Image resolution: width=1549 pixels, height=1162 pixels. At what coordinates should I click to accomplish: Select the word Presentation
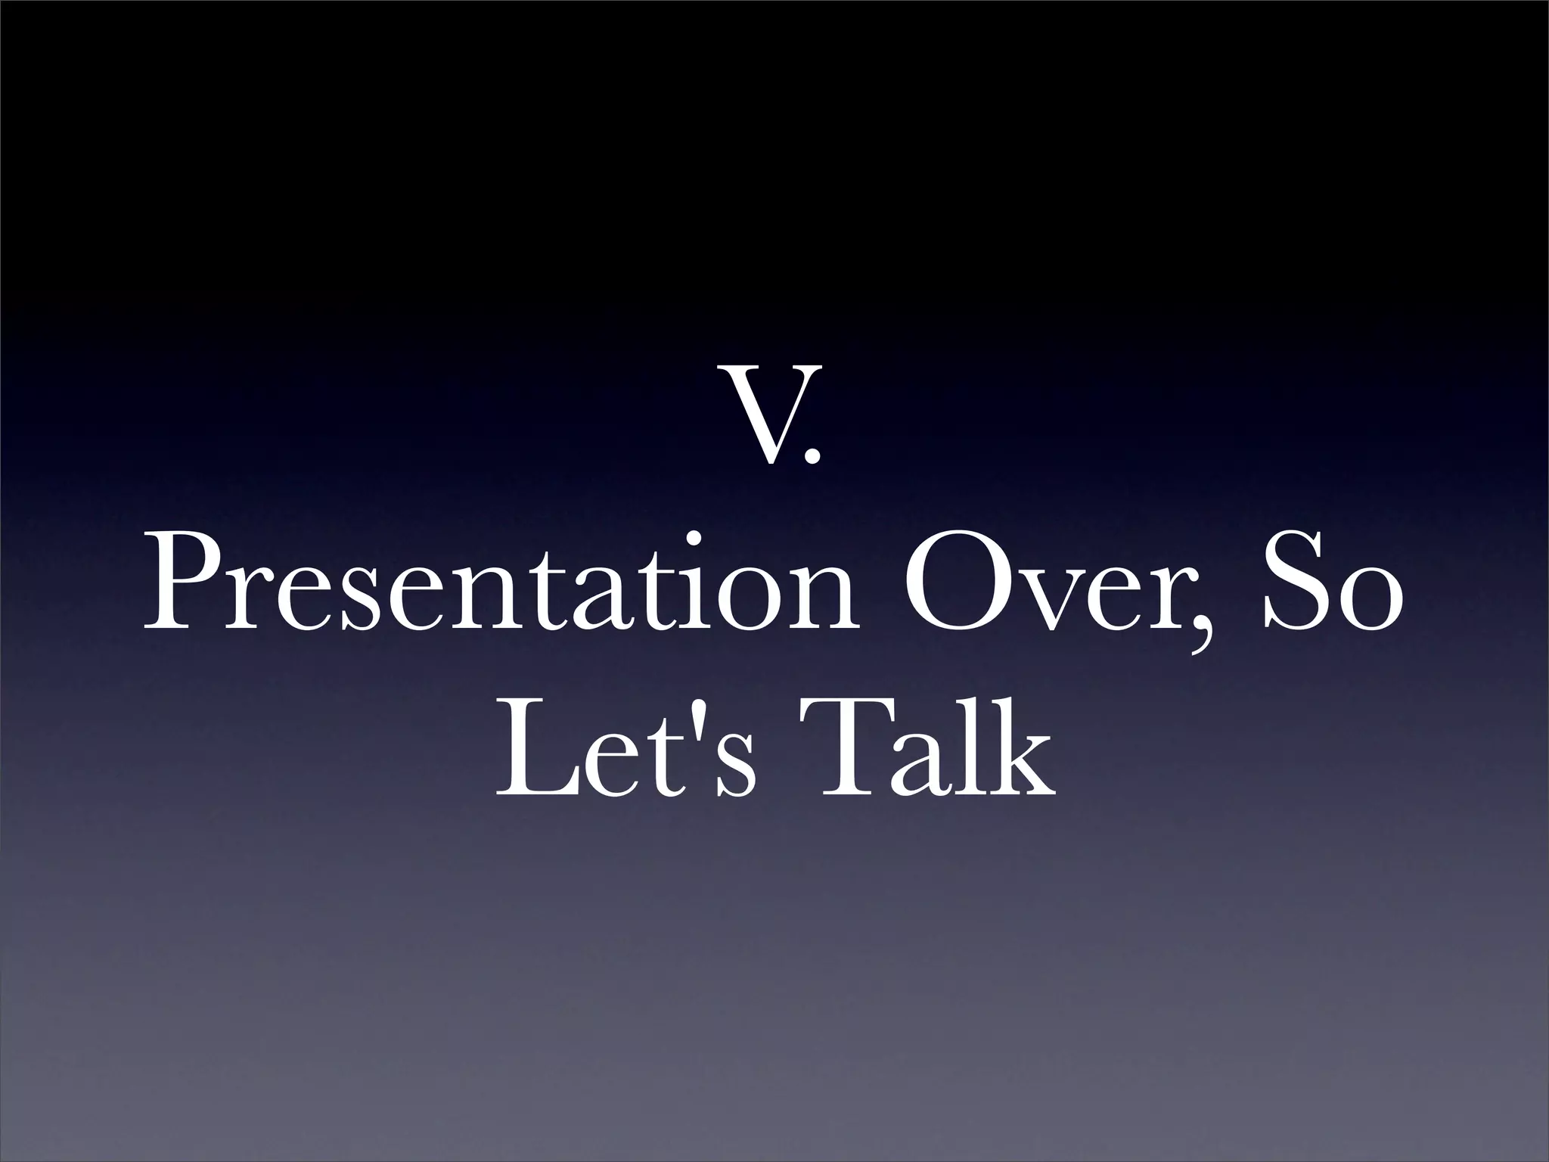pos(501,585)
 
